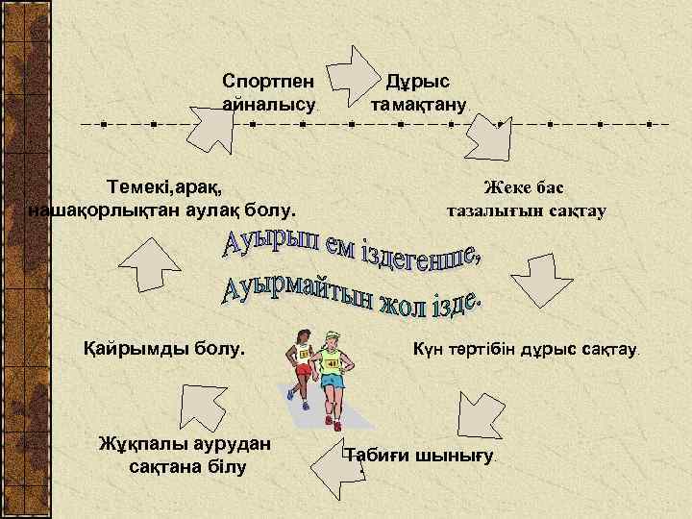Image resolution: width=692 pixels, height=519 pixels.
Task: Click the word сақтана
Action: coord(161,467)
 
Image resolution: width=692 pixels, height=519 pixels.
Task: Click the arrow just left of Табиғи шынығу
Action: coord(326,465)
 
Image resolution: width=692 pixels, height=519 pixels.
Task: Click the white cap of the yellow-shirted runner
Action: coord(333,335)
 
